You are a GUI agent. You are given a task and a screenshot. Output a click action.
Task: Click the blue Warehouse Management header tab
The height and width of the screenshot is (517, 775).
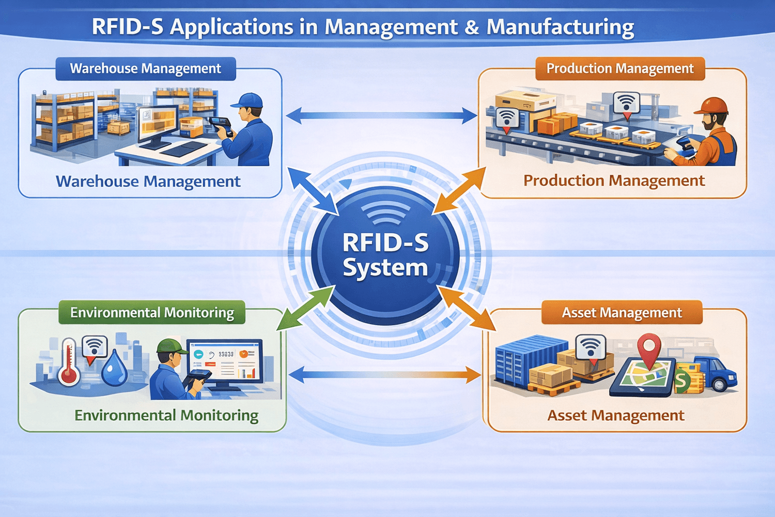[146, 69]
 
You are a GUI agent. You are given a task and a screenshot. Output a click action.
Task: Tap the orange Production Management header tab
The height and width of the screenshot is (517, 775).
[620, 69]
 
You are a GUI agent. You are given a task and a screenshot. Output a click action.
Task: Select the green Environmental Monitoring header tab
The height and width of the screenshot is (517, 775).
[152, 313]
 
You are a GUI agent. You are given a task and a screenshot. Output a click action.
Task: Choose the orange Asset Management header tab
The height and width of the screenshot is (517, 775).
[622, 313]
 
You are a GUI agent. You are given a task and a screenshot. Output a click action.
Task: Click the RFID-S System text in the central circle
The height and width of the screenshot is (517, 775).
[385, 255]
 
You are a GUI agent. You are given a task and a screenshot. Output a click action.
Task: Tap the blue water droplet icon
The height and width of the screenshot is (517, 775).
[114, 368]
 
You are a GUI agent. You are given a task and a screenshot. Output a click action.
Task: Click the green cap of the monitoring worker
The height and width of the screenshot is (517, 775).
[171, 346]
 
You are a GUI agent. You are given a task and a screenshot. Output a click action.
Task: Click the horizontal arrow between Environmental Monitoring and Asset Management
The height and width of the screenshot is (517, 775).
[385, 374]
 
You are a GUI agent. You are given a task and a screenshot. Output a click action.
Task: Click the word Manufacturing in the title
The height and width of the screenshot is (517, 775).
[560, 27]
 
